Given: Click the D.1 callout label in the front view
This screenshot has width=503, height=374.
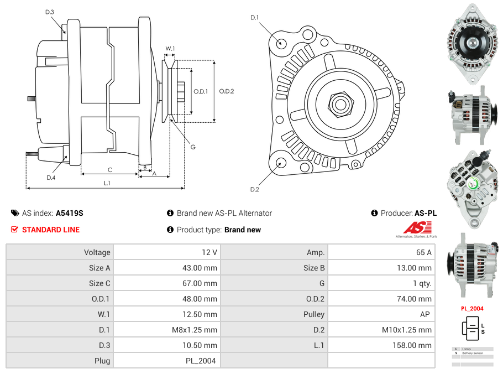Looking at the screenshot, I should (x=254, y=18).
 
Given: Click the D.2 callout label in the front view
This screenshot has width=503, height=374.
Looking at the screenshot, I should (x=254, y=190).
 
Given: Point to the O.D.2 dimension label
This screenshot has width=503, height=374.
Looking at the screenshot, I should (x=227, y=91).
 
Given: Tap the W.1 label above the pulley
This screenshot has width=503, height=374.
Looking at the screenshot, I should (x=170, y=49).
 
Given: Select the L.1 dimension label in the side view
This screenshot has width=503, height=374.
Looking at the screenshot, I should (x=107, y=183).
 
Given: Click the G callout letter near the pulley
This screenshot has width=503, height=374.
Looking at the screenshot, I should (x=193, y=147).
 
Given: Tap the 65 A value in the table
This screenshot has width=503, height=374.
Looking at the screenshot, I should (x=423, y=252).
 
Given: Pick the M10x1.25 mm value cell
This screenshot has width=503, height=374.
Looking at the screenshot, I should (x=407, y=330).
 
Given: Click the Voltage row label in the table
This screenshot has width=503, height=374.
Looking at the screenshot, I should (x=97, y=252).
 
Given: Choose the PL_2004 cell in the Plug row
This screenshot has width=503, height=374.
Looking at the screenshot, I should (x=201, y=361).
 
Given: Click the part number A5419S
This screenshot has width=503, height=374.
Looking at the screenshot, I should (x=70, y=213).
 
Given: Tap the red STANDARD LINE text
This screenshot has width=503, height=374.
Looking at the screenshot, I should (x=51, y=230).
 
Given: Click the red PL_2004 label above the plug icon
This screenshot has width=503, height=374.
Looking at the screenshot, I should (x=472, y=309).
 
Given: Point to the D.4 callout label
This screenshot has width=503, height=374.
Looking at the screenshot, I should (x=51, y=178).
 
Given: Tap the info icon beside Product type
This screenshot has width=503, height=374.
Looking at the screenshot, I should (x=170, y=230).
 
